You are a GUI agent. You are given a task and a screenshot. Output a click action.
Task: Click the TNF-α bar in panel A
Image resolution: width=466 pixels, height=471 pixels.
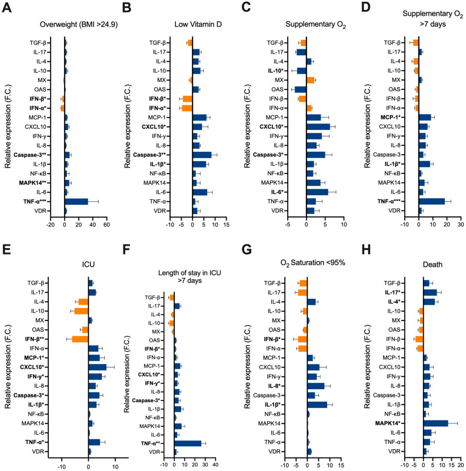(x=76, y=202)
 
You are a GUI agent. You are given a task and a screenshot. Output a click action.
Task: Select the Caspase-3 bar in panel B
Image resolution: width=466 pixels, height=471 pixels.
(x=202, y=155)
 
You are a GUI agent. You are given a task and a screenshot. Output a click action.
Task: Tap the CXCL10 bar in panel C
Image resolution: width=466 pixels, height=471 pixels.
(x=318, y=127)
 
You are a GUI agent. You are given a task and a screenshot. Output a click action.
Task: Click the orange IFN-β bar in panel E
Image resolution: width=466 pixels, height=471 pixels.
(x=80, y=339)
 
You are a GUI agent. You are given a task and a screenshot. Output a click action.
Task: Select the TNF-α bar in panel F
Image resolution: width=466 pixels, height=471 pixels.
(x=188, y=443)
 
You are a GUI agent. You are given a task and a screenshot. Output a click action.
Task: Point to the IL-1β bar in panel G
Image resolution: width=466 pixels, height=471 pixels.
(x=317, y=405)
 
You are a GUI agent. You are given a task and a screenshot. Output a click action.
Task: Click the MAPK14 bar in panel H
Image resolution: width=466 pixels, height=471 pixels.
(x=436, y=423)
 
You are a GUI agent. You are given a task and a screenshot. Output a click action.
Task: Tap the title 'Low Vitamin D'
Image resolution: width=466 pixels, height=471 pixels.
(x=198, y=24)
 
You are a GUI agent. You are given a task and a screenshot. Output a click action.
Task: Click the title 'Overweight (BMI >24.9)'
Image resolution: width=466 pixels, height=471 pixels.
(x=79, y=25)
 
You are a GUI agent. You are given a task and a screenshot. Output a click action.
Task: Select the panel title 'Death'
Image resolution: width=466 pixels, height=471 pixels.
(x=432, y=265)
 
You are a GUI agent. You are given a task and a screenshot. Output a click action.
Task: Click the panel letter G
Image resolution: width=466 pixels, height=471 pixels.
(x=247, y=250)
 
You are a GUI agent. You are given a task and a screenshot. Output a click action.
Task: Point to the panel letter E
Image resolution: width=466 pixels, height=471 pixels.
(x=6, y=250)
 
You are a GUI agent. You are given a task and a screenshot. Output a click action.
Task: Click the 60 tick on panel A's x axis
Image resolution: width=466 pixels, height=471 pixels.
(x=106, y=225)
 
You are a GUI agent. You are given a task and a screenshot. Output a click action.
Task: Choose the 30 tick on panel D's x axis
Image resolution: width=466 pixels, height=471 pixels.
(x=461, y=225)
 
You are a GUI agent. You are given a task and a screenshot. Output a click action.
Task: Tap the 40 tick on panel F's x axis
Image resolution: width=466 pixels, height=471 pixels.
(x=215, y=465)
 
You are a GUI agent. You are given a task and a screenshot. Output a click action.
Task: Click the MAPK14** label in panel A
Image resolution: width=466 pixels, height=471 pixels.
(x=34, y=183)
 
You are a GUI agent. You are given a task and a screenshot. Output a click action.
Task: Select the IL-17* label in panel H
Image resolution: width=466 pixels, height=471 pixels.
(x=394, y=293)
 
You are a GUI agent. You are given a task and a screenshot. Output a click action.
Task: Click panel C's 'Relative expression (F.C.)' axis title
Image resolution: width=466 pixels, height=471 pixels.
(x=247, y=126)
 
